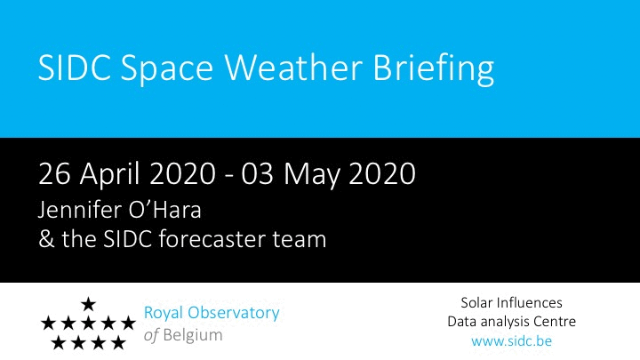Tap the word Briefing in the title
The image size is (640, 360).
click(x=434, y=69)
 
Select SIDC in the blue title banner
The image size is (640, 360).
click(x=75, y=67)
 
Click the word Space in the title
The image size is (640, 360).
click(x=167, y=70)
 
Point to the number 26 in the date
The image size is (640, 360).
click(x=54, y=173)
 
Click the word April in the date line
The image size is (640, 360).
click(x=110, y=175)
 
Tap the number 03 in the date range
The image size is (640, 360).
click(x=257, y=173)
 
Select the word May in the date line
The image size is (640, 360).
click(x=311, y=175)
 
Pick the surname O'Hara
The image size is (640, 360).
click(x=165, y=210)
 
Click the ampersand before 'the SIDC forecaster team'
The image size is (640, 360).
click(x=46, y=239)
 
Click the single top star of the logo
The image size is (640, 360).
click(x=88, y=304)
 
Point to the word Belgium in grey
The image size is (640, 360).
click(x=193, y=335)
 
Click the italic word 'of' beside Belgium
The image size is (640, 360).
click(x=151, y=335)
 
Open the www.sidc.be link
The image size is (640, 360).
click(x=511, y=340)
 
